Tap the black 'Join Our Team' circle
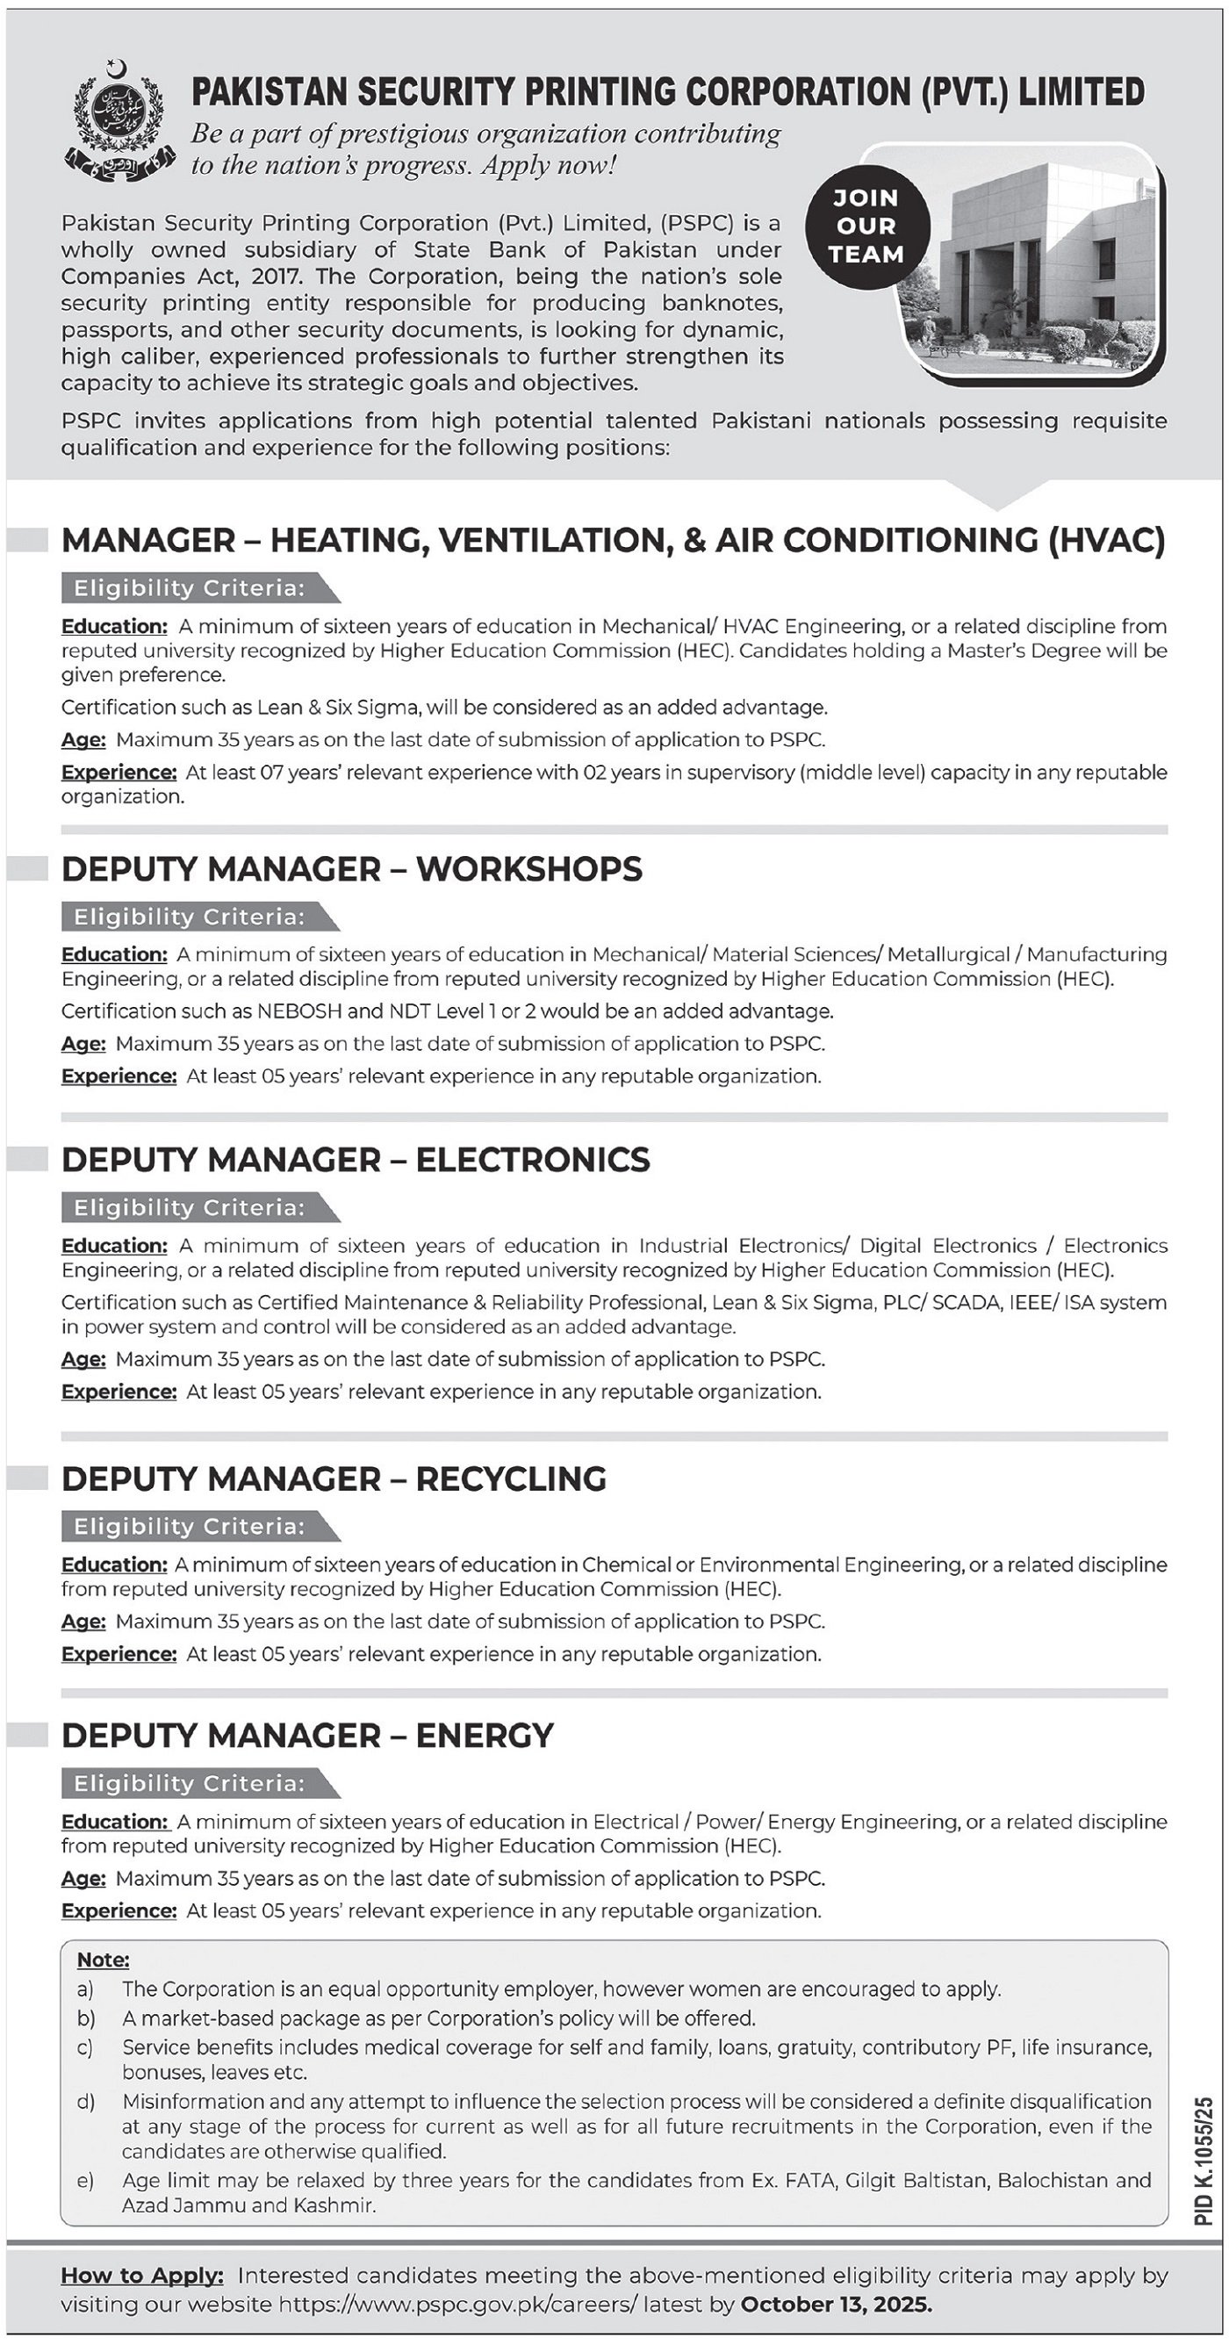[x=866, y=227]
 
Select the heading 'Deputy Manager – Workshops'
[x=351, y=869]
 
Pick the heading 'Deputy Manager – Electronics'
[x=355, y=1160]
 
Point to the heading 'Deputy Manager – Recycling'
[x=334, y=1479]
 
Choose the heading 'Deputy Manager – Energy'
[x=308, y=1735]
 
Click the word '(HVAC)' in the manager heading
[x=1106, y=541]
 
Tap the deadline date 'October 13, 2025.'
[x=837, y=2304]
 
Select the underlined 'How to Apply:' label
[x=142, y=2275]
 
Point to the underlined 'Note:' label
[x=103, y=1959]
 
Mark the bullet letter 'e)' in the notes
[x=85, y=2180]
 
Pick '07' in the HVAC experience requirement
[x=273, y=772]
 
